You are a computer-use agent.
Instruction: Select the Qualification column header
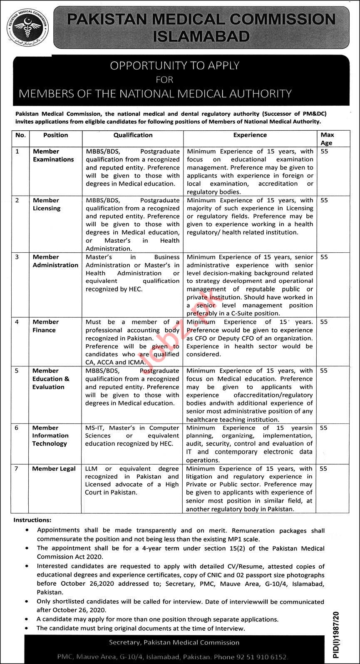(133, 135)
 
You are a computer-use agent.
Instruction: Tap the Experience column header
(250, 135)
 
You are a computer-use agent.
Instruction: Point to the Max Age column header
(327, 139)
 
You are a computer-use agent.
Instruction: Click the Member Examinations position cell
(53, 155)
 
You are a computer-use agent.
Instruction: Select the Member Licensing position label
(46, 204)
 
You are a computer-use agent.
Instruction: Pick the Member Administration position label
(55, 261)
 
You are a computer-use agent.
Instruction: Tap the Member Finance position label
(45, 326)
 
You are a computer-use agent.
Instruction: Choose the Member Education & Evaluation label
(51, 379)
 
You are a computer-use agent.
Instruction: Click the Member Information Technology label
(50, 435)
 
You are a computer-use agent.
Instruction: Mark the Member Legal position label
(54, 469)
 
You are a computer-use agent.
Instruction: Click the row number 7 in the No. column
(17, 469)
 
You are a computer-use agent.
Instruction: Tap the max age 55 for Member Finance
(324, 322)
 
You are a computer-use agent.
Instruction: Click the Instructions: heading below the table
(32, 520)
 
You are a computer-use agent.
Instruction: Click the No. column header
(20, 135)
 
